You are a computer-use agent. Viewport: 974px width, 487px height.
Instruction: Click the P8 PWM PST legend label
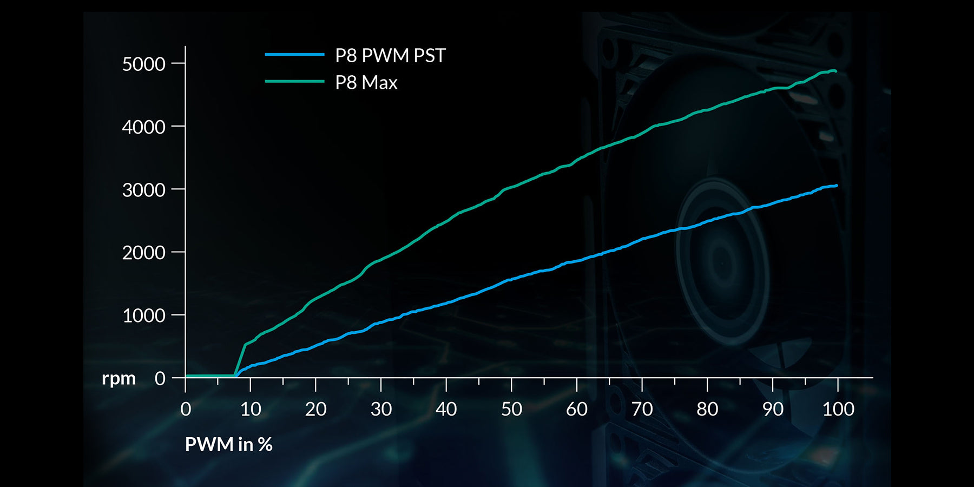(x=390, y=56)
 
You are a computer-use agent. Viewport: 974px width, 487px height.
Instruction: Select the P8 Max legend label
(x=366, y=83)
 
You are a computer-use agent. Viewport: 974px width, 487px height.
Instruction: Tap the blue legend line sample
(x=294, y=55)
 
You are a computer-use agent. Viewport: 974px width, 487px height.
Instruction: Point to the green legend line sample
(x=294, y=82)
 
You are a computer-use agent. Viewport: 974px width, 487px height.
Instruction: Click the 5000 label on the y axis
(x=143, y=64)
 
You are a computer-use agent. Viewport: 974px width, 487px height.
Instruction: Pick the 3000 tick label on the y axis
(x=143, y=190)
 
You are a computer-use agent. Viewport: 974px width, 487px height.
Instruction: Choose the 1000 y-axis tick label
(x=143, y=315)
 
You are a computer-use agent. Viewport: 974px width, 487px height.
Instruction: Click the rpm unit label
(x=119, y=378)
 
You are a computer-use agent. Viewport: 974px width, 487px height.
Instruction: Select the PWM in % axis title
(x=228, y=444)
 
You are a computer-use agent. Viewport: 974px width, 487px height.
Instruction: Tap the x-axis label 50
(x=511, y=409)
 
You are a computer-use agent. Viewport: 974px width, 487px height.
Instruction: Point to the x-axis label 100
(x=838, y=409)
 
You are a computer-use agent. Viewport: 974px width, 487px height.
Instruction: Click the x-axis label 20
(x=315, y=409)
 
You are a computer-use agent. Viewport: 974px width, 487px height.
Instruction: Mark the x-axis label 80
(x=707, y=409)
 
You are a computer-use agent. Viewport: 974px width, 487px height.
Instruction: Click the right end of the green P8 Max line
(x=835, y=71)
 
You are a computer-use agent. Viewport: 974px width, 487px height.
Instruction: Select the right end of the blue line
(x=837, y=186)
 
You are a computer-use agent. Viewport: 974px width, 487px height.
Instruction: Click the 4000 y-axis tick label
(x=143, y=127)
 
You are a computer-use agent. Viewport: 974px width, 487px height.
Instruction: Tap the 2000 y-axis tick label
(x=143, y=253)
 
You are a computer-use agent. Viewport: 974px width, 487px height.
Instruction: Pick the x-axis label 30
(x=381, y=409)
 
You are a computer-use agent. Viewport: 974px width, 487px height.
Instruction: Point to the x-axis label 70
(x=642, y=409)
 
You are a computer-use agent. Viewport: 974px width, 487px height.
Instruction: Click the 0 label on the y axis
(x=160, y=378)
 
